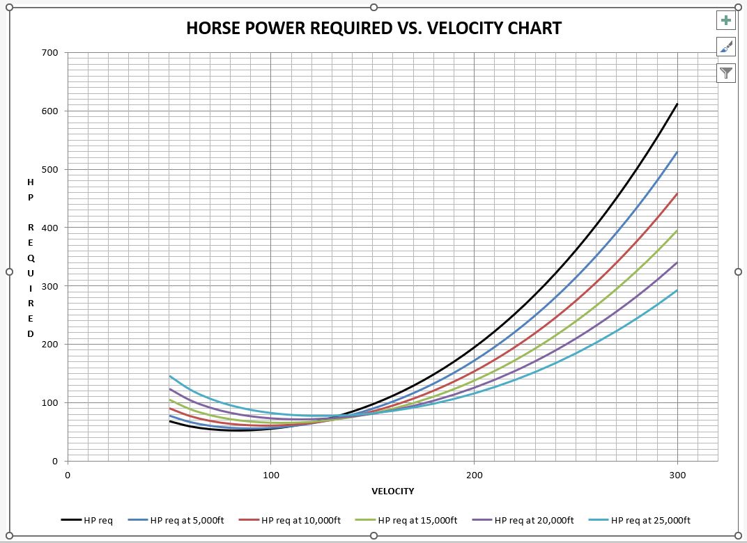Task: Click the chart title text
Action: click(x=374, y=29)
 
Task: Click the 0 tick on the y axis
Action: click(x=54, y=461)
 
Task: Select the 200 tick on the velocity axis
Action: click(x=474, y=475)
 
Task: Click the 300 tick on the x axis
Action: click(x=677, y=475)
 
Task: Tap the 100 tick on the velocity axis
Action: click(x=270, y=475)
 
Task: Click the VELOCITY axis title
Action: click(x=393, y=491)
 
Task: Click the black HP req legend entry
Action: click(x=86, y=520)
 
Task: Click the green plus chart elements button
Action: click(x=726, y=20)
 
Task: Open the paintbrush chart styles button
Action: click(x=726, y=47)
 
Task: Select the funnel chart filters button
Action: click(x=726, y=72)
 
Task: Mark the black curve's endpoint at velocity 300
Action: click(x=677, y=104)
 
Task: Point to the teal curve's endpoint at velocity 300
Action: click(x=677, y=290)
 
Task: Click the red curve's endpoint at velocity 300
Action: click(x=677, y=194)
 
